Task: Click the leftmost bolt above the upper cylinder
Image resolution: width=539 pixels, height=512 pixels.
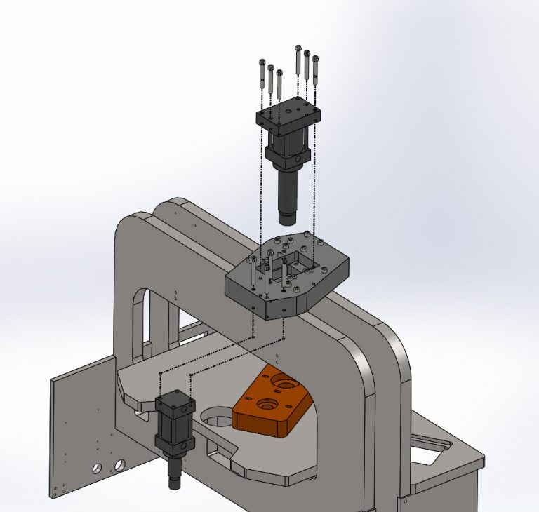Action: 262,73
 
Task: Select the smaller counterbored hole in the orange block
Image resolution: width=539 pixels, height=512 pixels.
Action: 267,404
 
